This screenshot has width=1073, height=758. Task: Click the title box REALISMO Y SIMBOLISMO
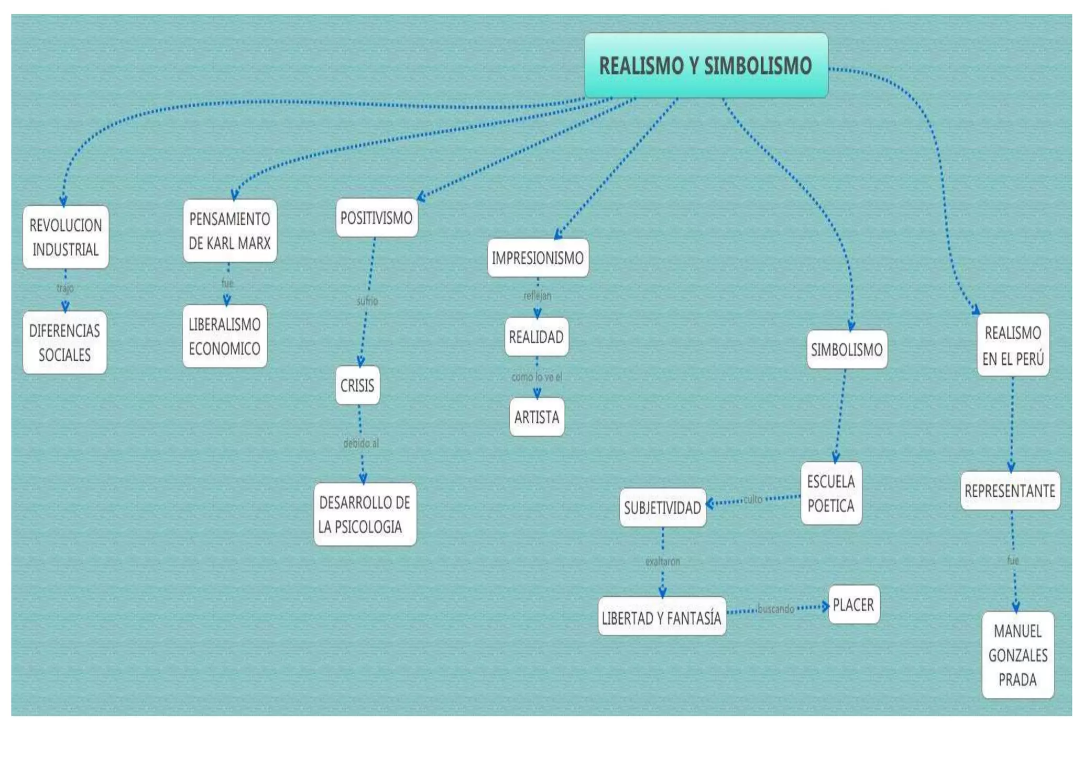pyautogui.click(x=706, y=65)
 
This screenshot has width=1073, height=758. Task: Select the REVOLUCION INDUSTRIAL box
pyautogui.click(x=65, y=237)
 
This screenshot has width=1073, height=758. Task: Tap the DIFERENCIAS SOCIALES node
pyautogui.click(x=64, y=342)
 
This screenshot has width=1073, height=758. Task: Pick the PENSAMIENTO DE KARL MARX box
pyautogui.click(x=229, y=231)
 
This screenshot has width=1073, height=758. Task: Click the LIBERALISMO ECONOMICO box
pyautogui.click(x=224, y=336)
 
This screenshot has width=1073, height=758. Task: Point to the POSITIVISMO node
pyautogui.click(x=376, y=218)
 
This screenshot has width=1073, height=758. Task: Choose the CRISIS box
pyautogui.click(x=357, y=386)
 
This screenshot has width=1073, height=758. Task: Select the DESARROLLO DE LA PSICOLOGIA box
pyautogui.click(x=365, y=515)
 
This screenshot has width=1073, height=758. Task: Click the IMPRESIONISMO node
pyautogui.click(x=538, y=258)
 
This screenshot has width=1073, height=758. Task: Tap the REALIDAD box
pyautogui.click(x=536, y=337)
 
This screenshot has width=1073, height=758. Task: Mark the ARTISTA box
pyautogui.click(x=536, y=417)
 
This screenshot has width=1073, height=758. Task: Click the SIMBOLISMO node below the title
pyautogui.click(x=847, y=350)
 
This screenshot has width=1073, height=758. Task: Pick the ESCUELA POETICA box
pyautogui.click(x=831, y=493)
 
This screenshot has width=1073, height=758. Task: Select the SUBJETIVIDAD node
pyautogui.click(x=662, y=508)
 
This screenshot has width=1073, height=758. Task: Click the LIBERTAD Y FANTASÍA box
pyautogui.click(x=662, y=618)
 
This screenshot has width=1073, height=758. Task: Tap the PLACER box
pyautogui.click(x=853, y=605)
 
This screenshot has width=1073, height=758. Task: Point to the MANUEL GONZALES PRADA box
pyautogui.click(x=1017, y=655)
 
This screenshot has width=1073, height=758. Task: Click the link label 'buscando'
pyautogui.click(x=775, y=609)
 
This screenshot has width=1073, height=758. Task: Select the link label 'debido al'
pyautogui.click(x=361, y=443)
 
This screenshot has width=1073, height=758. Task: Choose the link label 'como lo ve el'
pyautogui.click(x=536, y=377)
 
